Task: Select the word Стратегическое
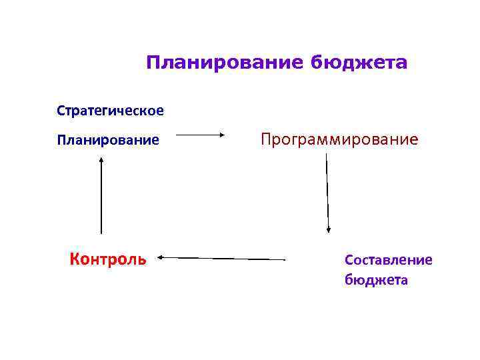tap(110, 110)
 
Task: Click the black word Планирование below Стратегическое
tap(108, 140)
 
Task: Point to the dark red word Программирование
tap(339, 139)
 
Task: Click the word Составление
tap(389, 259)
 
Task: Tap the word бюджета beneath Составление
tap(376, 280)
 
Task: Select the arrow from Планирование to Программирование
tap(201, 135)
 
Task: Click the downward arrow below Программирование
tap(327, 193)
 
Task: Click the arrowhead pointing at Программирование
tap(223, 135)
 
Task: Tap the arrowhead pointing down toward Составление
tap(328, 229)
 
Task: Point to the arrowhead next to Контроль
tap(161, 256)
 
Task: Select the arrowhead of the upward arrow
tap(101, 160)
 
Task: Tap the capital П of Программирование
tap(266, 139)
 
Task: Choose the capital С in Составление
tap(349, 259)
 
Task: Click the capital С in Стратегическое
tap(61, 110)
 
